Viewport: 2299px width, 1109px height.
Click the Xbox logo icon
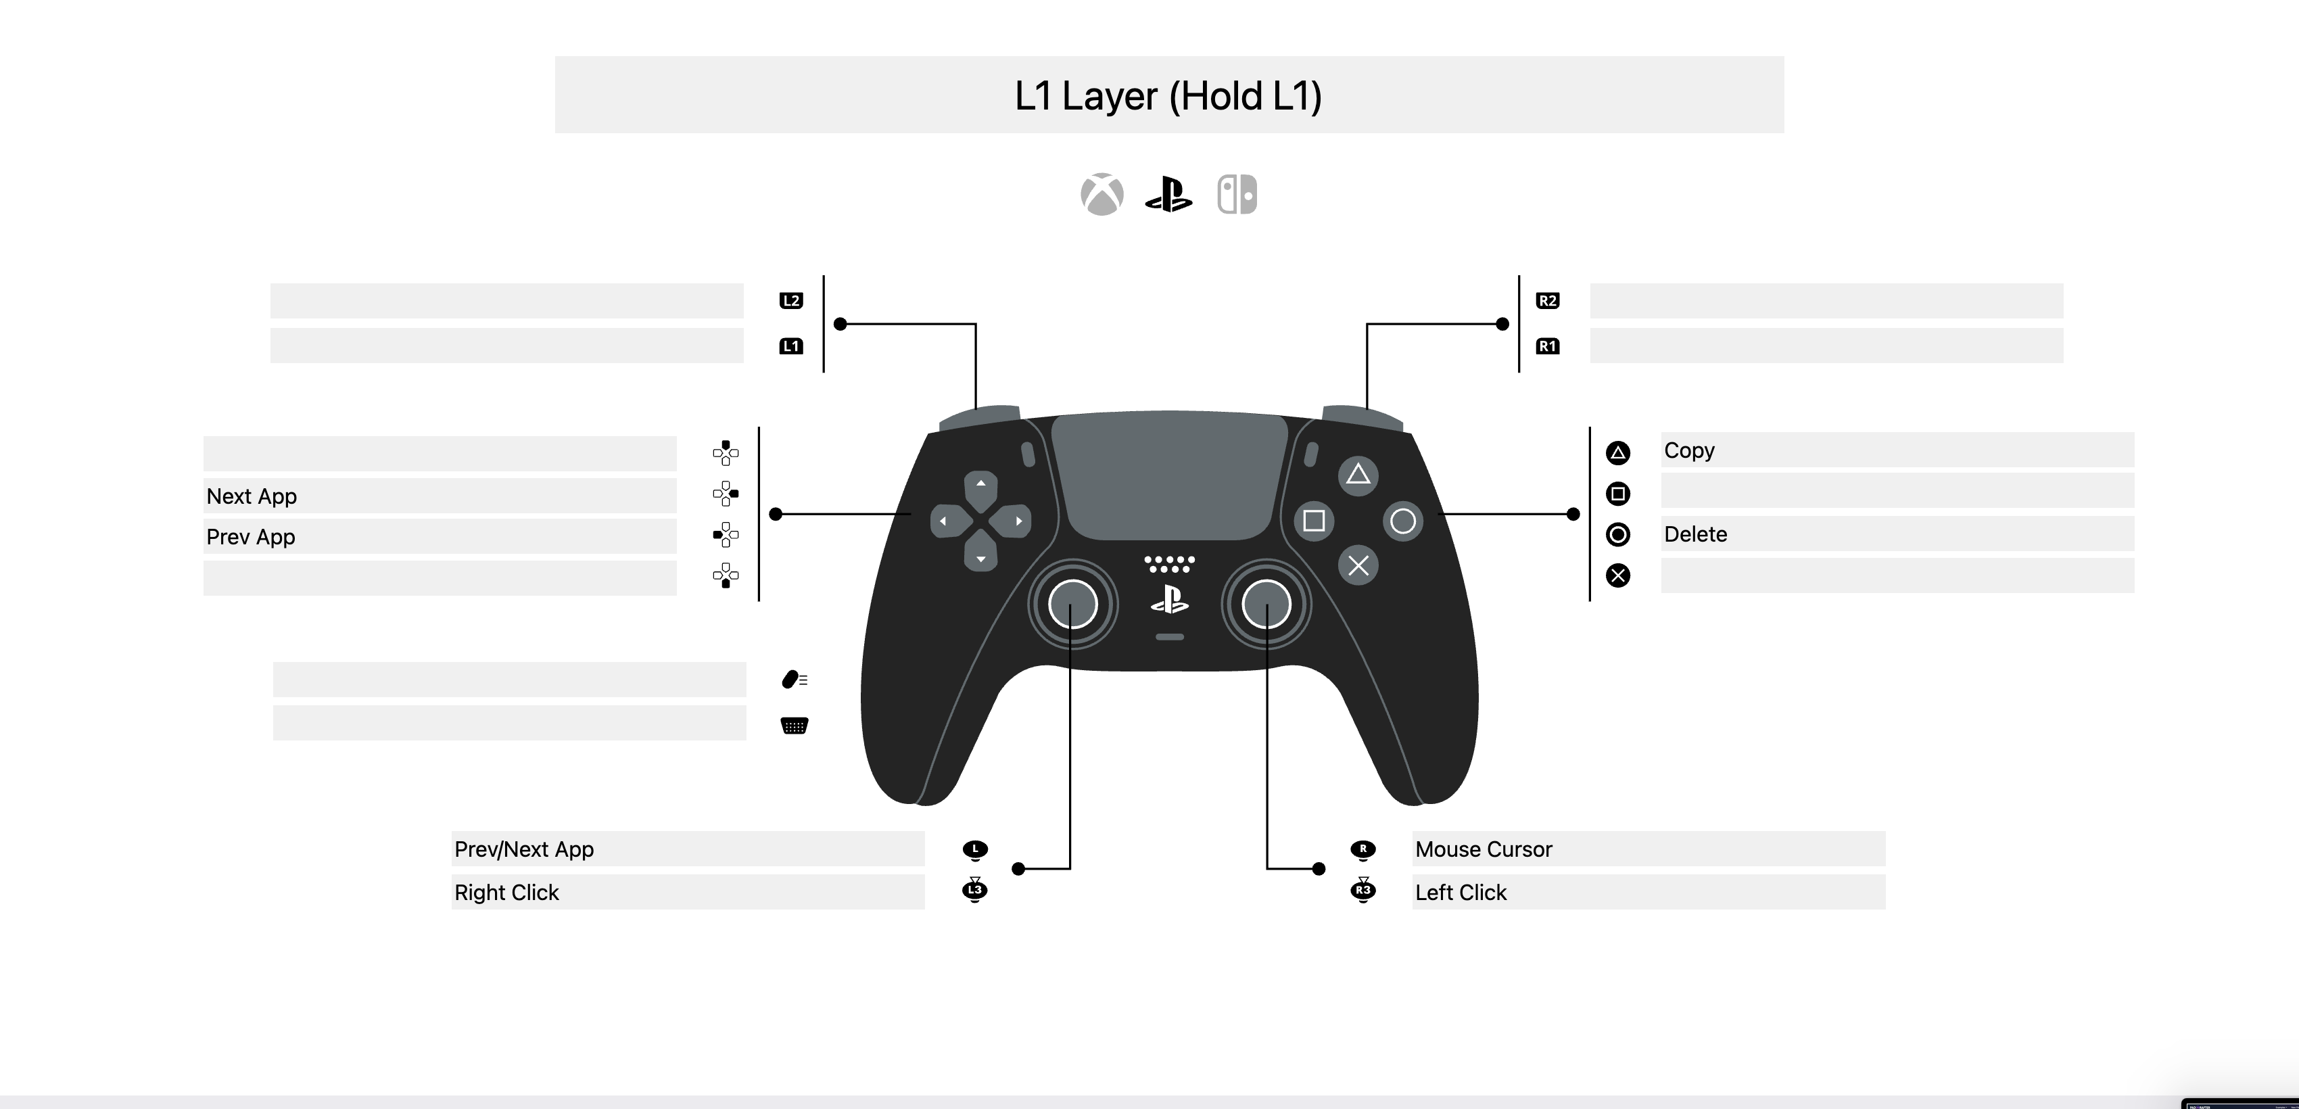pos(1102,195)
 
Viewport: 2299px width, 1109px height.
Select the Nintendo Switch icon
pos(1237,195)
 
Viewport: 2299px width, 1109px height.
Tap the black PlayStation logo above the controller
pos(1168,195)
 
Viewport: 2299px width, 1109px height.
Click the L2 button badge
pos(790,301)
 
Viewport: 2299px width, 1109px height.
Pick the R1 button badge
pos(1548,346)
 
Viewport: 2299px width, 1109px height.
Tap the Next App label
pos(252,496)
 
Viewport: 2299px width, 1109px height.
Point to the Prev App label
pos(251,537)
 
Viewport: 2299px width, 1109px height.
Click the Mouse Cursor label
pos(1484,849)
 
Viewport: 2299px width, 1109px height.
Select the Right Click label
pos(506,892)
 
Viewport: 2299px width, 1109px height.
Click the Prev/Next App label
pos(524,849)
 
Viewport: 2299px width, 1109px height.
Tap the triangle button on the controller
pos(1358,475)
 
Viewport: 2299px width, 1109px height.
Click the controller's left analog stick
pos(1072,604)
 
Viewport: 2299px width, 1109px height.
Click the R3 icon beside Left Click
pos(1362,891)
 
